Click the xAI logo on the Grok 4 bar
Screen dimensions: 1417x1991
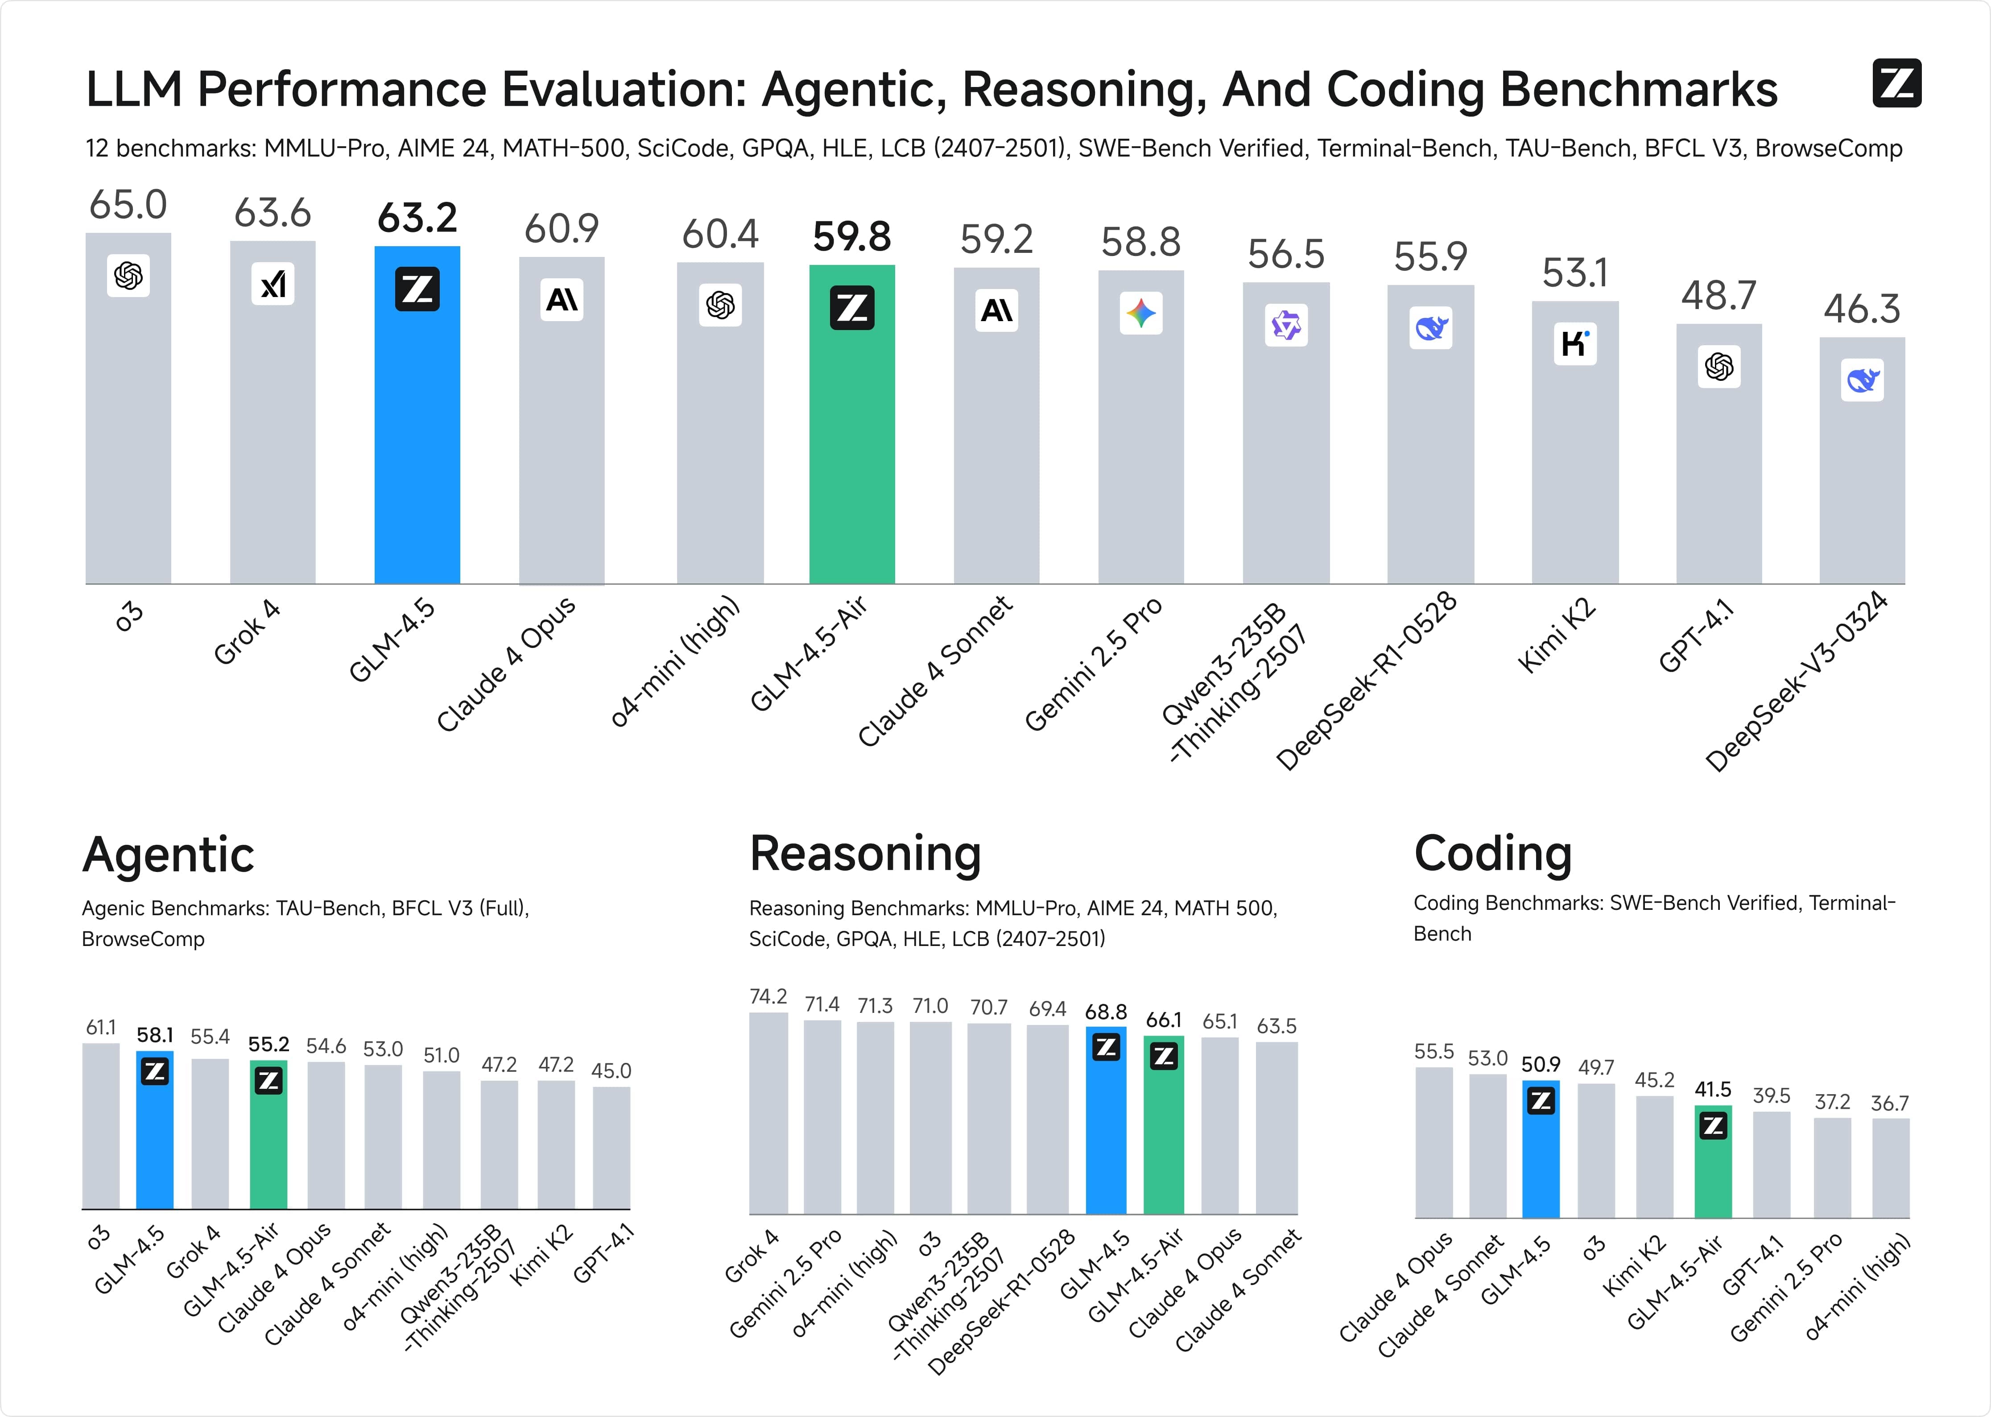[x=273, y=284]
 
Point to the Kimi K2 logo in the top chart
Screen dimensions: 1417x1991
[x=1575, y=344]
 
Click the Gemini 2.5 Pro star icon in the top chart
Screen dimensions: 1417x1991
[x=1140, y=313]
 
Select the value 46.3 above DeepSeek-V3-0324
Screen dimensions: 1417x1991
[x=1862, y=310]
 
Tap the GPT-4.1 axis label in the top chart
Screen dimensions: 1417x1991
[x=1695, y=637]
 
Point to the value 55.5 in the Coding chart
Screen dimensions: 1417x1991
[x=1433, y=1051]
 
